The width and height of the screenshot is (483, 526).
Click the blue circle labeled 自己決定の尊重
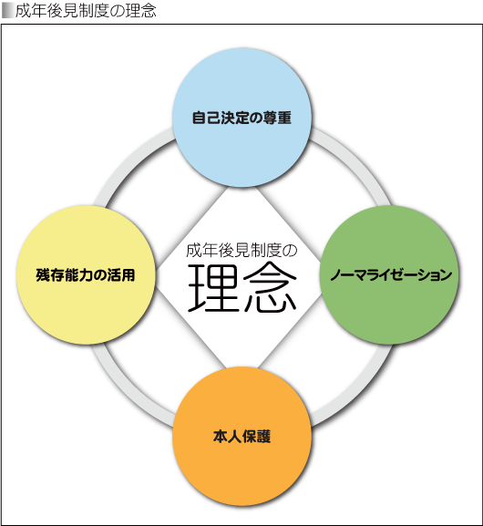(x=241, y=118)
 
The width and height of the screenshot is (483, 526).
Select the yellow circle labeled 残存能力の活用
(x=86, y=274)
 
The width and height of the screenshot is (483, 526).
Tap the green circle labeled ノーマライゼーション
(x=389, y=274)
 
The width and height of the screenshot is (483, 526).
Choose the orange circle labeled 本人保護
(x=241, y=436)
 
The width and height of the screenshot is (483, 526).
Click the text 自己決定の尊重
(x=241, y=118)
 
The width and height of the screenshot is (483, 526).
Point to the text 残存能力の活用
(x=86, y=275)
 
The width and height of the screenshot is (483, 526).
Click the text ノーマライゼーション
(x=391, y=275)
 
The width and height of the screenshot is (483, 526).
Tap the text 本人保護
(x=241, y=437)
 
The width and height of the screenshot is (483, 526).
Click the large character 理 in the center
(x=212, y=288)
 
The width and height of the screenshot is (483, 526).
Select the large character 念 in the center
(x=270, y=288)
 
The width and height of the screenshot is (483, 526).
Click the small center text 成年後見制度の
(x=241, y=251)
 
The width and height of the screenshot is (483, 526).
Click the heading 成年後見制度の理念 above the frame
(x=86, y=11)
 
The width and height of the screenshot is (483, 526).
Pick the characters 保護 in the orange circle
(x=256, y=437)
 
